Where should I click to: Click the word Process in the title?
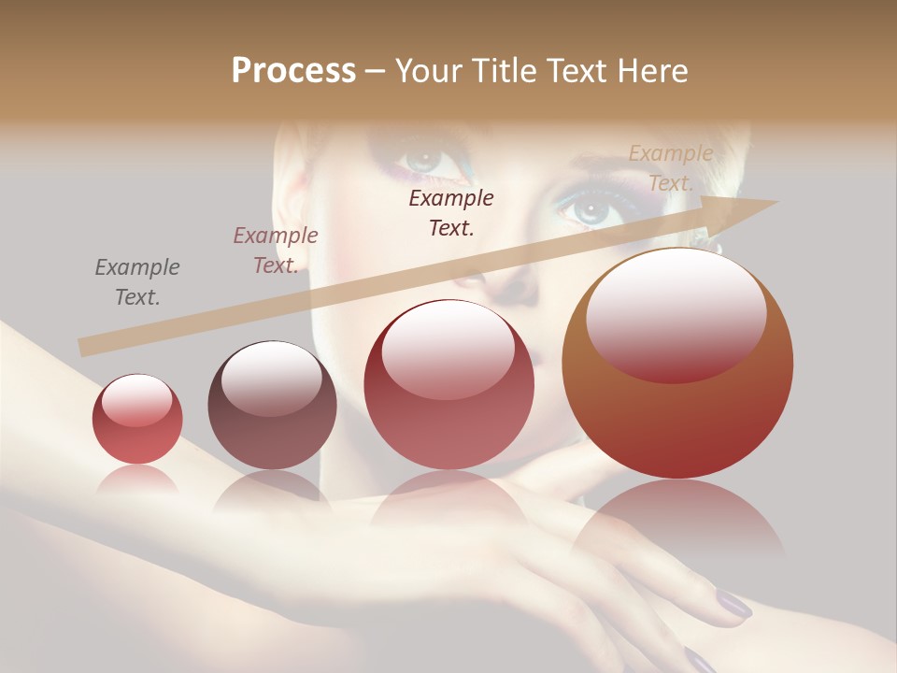click(x=293, y=71)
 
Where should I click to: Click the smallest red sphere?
click(x=137, y=419)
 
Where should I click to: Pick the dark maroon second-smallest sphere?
click(x=272, y=405)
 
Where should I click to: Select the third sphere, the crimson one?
click(x=448, y=385)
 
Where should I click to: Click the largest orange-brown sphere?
click(x=677, y=363)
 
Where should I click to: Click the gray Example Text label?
click(x=137, y=282)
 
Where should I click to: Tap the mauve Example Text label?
click(x=275, y=251)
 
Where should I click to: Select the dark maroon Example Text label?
click(x=451, y=212)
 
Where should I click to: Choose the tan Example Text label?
click(x=670, y=168)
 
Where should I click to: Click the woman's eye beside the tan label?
click(x=591, y=209)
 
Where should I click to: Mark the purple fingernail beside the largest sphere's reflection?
click(x=733, y=605)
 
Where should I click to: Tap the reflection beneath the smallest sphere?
click(x=138, y=482)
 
